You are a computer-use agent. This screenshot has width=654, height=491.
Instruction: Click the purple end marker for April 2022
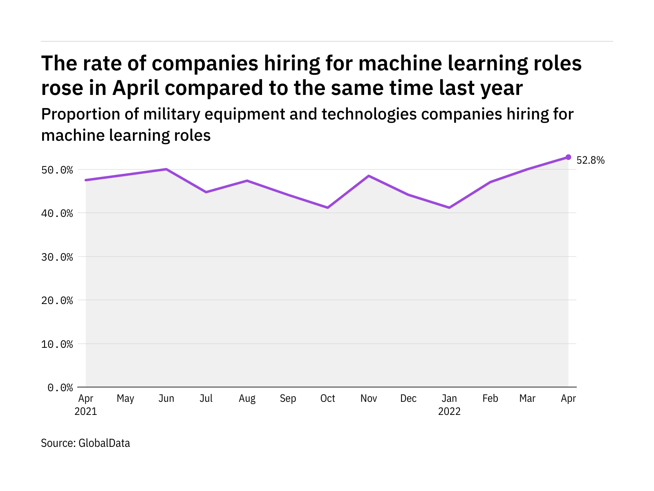coord(568,157)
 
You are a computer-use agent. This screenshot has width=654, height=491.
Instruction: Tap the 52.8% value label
coord(590,160)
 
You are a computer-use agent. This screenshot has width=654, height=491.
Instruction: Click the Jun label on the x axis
coord(166,399)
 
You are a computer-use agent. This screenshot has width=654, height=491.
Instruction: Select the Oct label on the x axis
coord(328,399)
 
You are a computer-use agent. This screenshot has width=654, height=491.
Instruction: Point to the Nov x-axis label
coord(369,399)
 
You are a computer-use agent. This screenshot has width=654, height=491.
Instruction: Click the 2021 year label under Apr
coord(86,412)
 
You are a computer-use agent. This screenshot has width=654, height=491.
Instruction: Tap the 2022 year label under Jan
coord(449,412)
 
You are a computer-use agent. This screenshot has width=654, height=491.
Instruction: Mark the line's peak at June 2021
coord(166,169)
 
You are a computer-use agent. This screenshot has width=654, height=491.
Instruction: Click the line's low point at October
coord(328,208)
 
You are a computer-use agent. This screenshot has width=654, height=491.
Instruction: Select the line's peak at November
coord(369,176)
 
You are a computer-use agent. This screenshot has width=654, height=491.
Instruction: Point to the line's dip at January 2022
coord(449,208)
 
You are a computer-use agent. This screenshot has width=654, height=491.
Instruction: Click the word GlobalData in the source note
coord(104,443)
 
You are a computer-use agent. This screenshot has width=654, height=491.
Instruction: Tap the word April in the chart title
coord(136,88)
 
